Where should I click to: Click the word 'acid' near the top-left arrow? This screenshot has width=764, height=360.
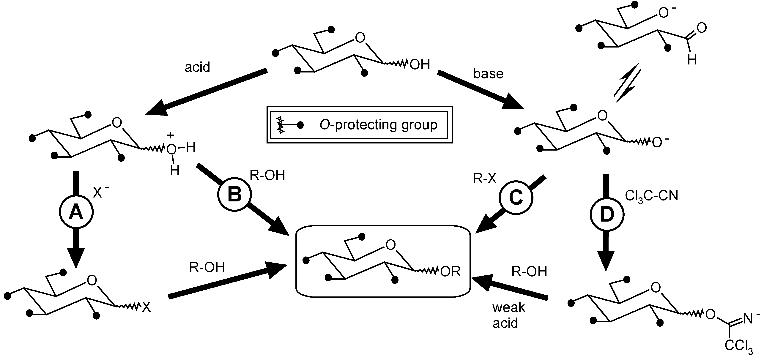pos(197,67)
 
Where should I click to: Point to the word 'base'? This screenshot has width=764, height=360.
pos(488,74)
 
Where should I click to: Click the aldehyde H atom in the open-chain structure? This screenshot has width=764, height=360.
pos(692,60)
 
